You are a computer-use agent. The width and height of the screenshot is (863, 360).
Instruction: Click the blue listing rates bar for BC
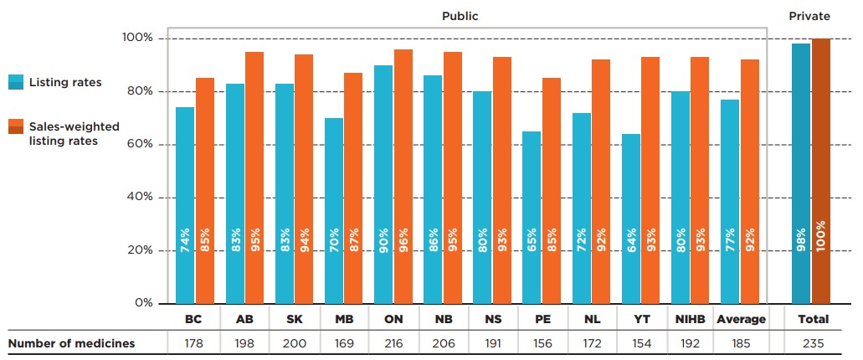(185, 205)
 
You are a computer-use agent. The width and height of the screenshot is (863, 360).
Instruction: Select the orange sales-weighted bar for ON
(403, 176)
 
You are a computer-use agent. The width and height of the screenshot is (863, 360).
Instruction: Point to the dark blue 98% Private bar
(801, 173)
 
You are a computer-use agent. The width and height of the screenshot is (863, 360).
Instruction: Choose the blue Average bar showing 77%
(730, 201)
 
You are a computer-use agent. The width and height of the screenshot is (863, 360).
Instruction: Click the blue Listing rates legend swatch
(15, 82)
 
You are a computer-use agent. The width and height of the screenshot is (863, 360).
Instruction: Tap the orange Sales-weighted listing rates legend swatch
(15, 126)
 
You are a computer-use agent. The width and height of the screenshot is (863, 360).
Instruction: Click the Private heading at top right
(809, 15)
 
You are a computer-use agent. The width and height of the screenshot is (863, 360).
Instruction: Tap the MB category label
(343, 319)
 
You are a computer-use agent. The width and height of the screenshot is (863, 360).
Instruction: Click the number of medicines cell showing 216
(393, 342)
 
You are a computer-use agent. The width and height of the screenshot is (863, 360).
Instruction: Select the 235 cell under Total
(813, 342)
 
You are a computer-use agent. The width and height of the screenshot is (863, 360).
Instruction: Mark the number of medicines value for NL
(592, 342)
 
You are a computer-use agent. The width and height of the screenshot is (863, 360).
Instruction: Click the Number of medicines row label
(71, 342)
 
